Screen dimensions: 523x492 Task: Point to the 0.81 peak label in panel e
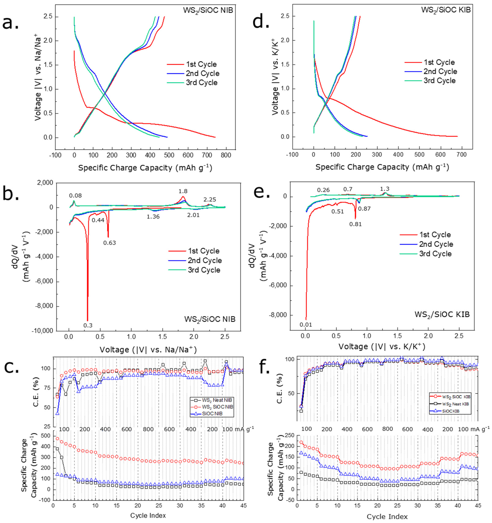[355, 224]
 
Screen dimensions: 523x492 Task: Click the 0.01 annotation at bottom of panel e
[306, 325]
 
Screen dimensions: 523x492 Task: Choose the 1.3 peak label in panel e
[385, 189]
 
